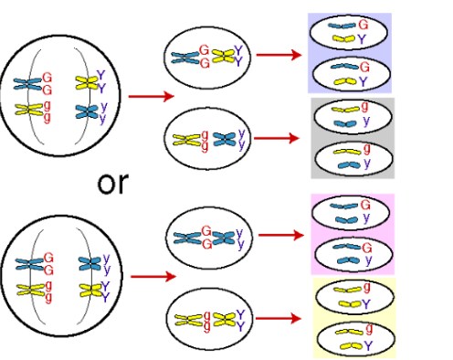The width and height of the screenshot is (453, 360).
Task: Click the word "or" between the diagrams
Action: (114, 182)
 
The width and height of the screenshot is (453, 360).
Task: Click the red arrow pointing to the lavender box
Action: (279, 55)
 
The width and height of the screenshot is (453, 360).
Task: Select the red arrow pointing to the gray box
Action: (279, 138)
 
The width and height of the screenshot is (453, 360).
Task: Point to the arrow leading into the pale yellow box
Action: (279, 318)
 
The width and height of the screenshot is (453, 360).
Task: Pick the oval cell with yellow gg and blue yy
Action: (205, 140)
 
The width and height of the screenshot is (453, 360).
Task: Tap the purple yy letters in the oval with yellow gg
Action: (239, 139)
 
